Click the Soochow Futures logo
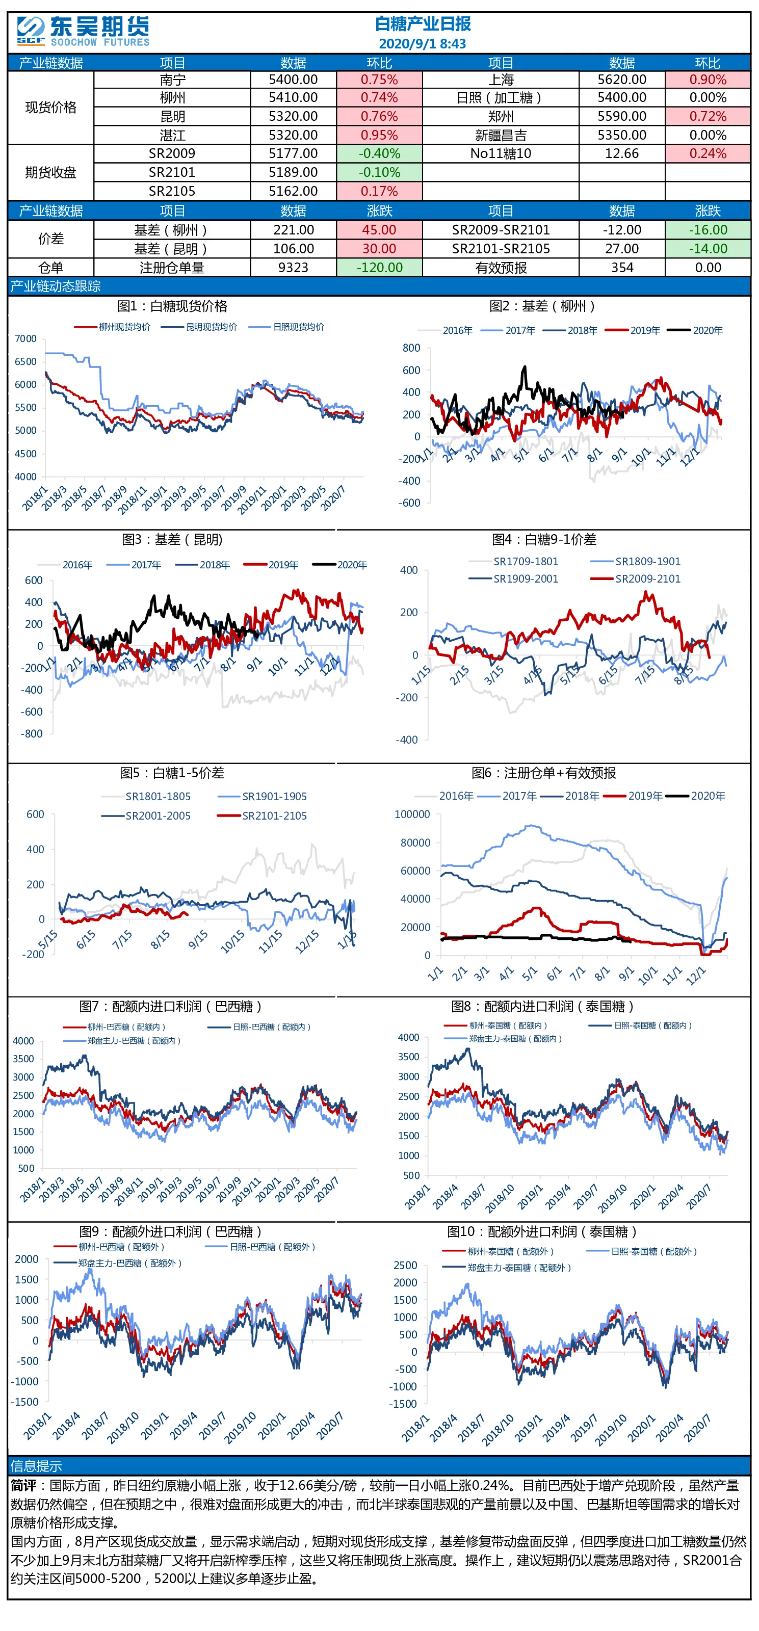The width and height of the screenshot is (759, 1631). [83, 31]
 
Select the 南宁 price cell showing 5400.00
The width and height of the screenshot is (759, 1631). [293, 80]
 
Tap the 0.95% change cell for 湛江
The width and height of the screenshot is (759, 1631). [379, 136]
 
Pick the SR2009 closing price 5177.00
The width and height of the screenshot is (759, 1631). [293, 154]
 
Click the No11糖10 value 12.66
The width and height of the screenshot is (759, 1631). [622, 154]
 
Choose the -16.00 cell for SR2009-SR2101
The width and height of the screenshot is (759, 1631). [708, 230]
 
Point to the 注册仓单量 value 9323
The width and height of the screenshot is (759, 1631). [293, 268]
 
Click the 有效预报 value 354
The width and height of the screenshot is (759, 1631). [622, 268]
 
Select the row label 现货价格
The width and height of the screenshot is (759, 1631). [50, 108]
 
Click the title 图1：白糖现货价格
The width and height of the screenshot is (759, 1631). [172, 306]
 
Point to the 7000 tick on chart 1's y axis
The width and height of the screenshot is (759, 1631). [26, 339]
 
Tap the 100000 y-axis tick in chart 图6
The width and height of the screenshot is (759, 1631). [412, 814]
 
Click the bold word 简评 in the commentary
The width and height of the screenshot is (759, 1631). [23, 1485]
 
